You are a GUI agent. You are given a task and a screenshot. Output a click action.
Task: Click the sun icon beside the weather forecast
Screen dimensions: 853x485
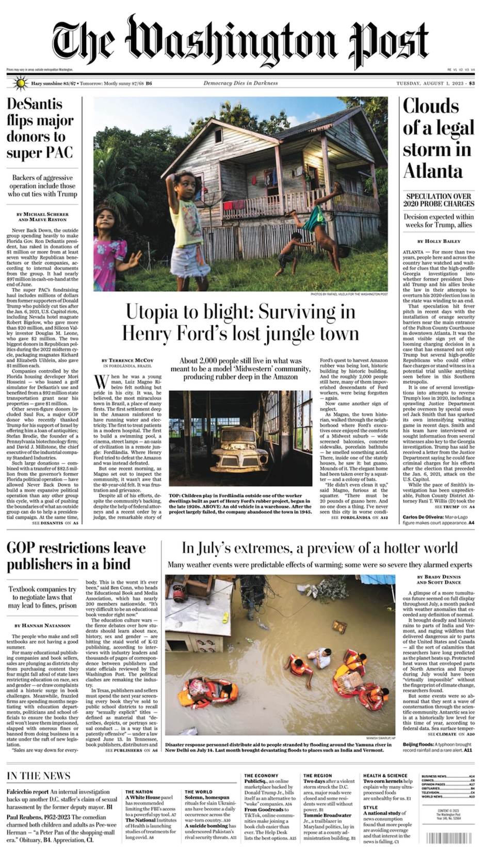tap(20, 83)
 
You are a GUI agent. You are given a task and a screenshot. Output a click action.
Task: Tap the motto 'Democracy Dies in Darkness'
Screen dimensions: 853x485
tap(240, 83)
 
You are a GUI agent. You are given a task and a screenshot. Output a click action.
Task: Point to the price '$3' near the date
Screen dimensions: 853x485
tap(472, 83)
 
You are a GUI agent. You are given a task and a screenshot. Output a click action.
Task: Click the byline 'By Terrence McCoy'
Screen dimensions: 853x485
tap(127, 360)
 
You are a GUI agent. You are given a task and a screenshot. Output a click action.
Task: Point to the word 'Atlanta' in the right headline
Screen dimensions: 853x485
tap(433, 171)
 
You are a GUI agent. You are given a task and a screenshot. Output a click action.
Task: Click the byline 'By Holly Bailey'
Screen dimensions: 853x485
tap(439, 241)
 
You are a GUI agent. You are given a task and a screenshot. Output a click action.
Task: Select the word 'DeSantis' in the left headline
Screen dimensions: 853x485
tap(35, 104)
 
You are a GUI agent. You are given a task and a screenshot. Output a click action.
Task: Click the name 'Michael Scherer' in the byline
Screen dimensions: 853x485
tap(46, 214)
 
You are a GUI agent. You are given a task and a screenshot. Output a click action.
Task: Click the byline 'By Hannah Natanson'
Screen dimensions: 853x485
tap(42, 625)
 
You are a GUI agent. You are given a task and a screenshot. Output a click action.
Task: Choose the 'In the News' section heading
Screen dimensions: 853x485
tap(39, 776)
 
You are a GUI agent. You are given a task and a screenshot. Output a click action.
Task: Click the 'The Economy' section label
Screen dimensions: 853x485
tap(261, 776)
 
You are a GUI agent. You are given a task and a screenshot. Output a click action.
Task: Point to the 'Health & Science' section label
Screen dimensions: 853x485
tap(385, 776)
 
